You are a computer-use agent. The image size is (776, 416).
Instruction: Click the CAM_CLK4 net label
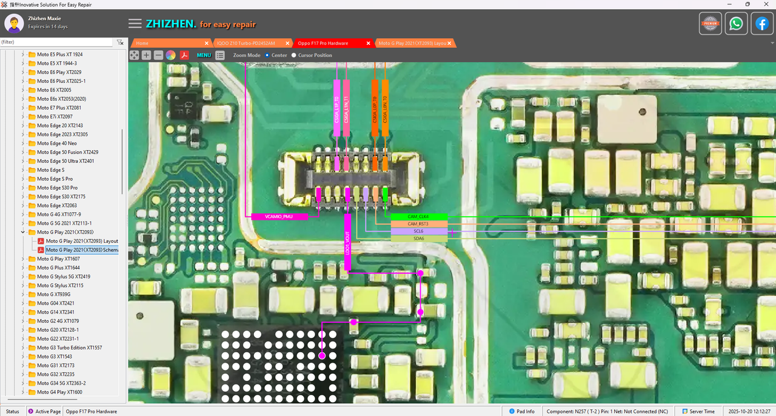(x=418, y=216)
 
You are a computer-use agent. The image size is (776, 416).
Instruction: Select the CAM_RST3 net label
(x=418, y=224)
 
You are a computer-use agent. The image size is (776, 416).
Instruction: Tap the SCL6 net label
(x=418, y=231)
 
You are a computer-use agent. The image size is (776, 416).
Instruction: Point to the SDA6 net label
(x=418, y=239)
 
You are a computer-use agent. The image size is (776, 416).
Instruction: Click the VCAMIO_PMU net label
(x=279, y=216)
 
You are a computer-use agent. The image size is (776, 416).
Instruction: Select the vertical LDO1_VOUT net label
(x=347, y=242)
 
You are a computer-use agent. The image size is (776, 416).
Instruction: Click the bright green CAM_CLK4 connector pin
(x=385, y=194)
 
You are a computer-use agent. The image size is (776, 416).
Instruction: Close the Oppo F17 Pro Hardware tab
(x=368, y=44)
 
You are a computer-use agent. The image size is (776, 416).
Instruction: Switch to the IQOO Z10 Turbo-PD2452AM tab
(x=246, y=44)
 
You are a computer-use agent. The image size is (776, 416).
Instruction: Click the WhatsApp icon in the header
(x=736, y=24)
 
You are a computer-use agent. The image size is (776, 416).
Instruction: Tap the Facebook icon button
(x=762, y=24)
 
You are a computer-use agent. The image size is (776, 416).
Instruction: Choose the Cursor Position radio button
(x=294, y=55)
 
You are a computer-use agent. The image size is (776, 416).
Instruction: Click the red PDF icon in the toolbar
(x=184, y=55)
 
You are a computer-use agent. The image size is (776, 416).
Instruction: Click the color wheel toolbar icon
(x=171, y=55)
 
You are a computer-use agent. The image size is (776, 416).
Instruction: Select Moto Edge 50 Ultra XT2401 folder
(x=65, y=161)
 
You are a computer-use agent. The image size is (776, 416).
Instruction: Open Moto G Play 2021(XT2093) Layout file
(x=81, y=241)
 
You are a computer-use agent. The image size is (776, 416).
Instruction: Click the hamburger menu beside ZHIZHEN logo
(x=135, y=24)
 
